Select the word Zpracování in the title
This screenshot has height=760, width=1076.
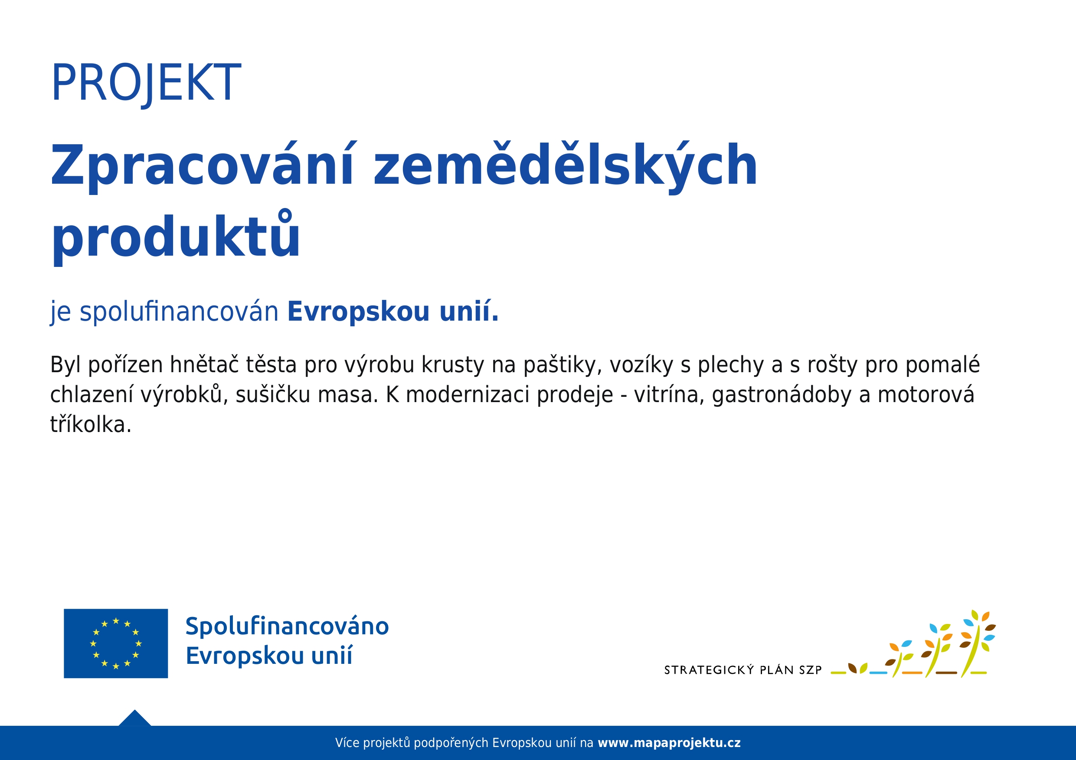tap(202, 166)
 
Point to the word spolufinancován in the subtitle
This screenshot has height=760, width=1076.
tap(179, 312)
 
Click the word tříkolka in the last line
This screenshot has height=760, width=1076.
tap(91, 424)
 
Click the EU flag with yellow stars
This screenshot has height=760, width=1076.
tap(116, 643)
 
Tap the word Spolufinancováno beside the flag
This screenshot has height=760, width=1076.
tap(287, 627)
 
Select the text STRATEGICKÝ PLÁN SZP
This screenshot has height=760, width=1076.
tap(743, 669)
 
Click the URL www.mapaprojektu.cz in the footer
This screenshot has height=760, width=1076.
tap(669, 743)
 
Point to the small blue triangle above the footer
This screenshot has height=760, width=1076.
tap(134, 718)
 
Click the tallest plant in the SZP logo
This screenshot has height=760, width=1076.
tap(977, 643)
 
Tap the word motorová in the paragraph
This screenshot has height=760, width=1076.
tap(926, 395)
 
